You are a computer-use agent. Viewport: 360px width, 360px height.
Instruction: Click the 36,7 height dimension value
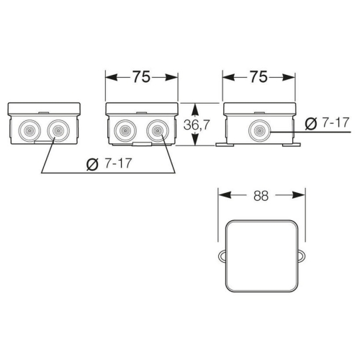tap(197, 125)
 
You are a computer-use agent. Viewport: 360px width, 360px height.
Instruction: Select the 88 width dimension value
tap(261, 196)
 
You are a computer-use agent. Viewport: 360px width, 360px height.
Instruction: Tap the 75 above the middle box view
tap(142, 77)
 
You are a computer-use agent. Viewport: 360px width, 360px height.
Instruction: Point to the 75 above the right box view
tap(258, 77)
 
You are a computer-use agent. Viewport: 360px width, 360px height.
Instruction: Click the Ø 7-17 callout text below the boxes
tap(109, 163)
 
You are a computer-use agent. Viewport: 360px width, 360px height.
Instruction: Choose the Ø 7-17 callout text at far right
tap(327, 122)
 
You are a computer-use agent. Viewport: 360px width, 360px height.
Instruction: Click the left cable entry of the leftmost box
tap(30, 130)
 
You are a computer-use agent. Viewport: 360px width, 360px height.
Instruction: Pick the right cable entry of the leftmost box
tap(58, 130)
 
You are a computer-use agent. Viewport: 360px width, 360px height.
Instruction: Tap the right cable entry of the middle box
tap(158, 131)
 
